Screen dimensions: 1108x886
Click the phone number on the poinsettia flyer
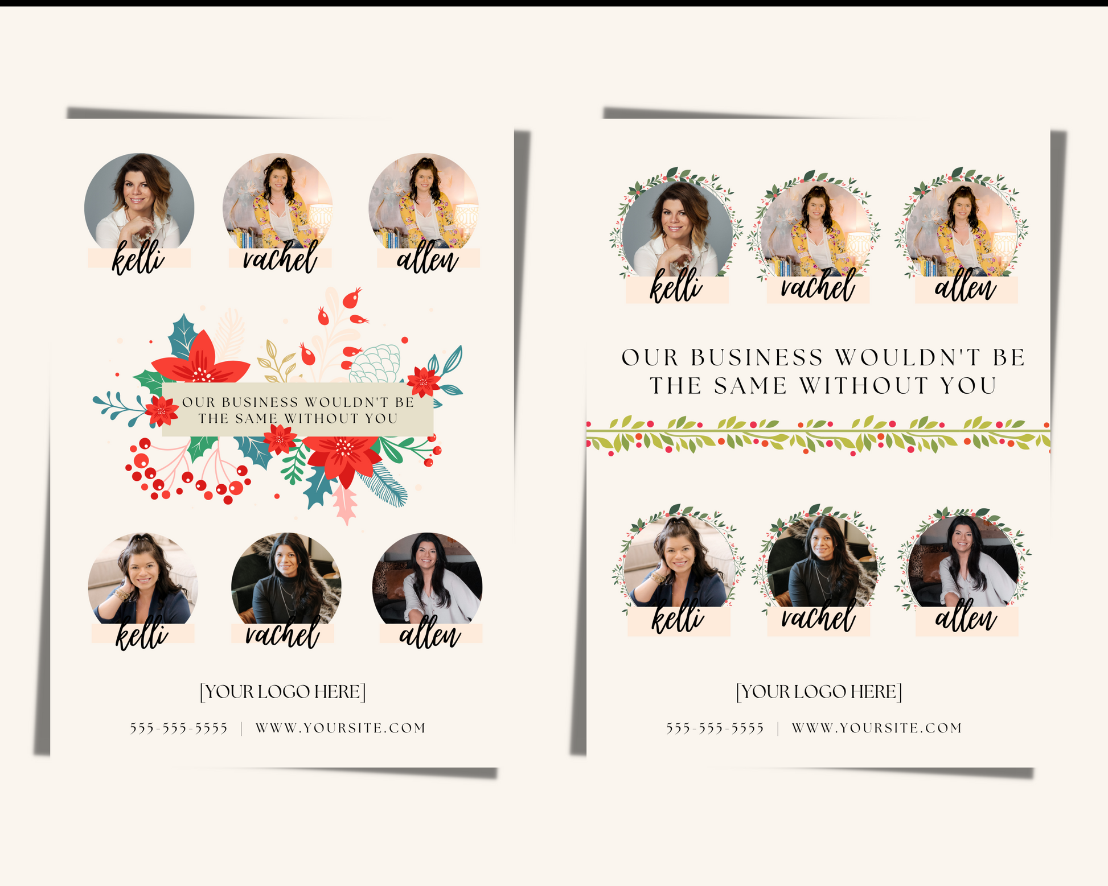tap(178, 728)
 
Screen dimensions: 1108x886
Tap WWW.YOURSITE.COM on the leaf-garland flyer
tap(877, 728)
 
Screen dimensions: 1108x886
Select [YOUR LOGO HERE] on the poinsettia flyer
tap(282, 691)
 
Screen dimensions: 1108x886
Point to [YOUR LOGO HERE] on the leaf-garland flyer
tap(819, 691)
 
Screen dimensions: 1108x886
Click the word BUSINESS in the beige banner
tap(260, 402)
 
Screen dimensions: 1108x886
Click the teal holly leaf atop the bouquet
tap(183, 336)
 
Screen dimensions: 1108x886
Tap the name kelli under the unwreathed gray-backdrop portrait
tap(138, 258)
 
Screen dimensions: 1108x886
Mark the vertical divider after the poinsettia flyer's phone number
tap(242, 728)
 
